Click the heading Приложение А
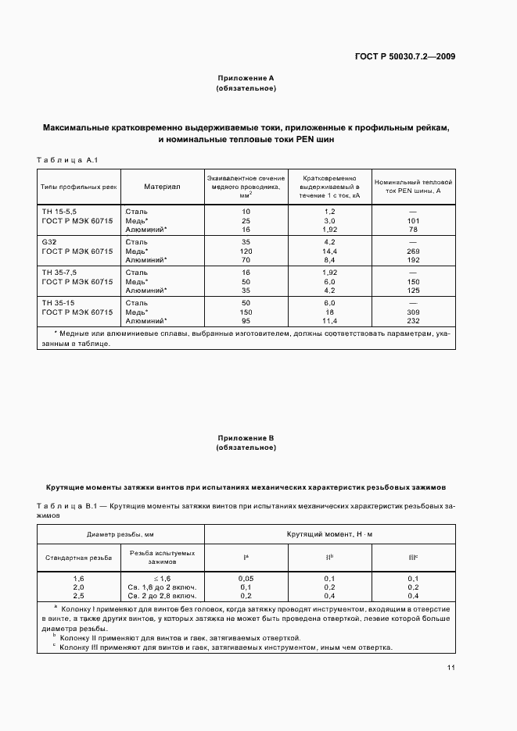click(x=246, y=78)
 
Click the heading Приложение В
click(x=246, y=438)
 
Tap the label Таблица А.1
click(x=66, y=160)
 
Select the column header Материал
click(x=162, y=187)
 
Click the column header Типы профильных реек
click(x=78, y=187)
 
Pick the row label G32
click(x=48, y=242)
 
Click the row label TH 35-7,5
click(x=59, y=271)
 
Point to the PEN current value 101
click(x=415, y=221)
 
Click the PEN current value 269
click(x=415, y=251)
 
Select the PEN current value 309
click(x=415, y=312)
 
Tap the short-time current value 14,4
click(x=330, y=251)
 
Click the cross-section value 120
click(x=246, y=251)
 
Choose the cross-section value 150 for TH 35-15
click(x=246, y=312)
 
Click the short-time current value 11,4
click(x=330, y=320)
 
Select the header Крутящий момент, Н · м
click(x=330, y=534)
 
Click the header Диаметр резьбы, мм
click(x=120, y=534)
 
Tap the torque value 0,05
click(x=246, y=578)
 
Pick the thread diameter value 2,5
click(x=78, y=596)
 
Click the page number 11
click(x=451, y=667)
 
